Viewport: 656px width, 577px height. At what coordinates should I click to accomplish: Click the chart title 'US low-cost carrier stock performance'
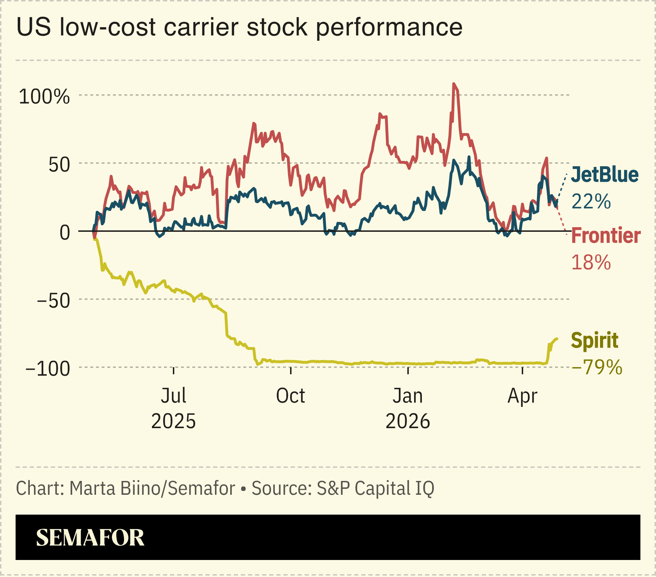pyautogui.click(x=239, y=27)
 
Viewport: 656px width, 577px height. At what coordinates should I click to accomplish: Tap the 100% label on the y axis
pyautogui.click(x=44, y=96)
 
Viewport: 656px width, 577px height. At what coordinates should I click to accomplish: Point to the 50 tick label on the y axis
pyautogui.click(x=59, y=164)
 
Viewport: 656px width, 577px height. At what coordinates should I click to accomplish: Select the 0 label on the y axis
pyautogui.click(x=65, y=233)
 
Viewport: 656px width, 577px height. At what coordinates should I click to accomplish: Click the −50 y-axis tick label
pyautogui.click(x=53, y=301)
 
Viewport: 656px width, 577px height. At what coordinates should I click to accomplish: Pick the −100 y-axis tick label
pyautogui.click(x=48, y=369)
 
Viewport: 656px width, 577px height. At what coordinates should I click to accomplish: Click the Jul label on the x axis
pyautogui.click(x=173, y=396)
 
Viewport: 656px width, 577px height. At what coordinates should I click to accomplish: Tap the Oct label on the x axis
pyautogui.click(x=290, y=396)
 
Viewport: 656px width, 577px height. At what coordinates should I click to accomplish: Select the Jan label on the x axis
pyautogui.click(x=408, y=396)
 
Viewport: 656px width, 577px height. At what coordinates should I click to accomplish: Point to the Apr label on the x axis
pyautogui.click(x=522, y=396)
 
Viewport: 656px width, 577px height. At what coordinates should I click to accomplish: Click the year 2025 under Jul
pyautogui.click(x=173, y=421)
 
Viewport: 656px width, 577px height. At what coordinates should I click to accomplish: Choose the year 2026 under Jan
pyautogui.click(x=408, y=421)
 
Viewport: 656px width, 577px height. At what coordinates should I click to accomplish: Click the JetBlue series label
pyautogui.click(x=605, y=175)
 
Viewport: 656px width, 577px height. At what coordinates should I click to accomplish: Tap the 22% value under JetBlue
pyautogui.click(x=591, y=201)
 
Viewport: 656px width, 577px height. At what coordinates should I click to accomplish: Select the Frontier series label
pyautogui.click(x=606, y=236)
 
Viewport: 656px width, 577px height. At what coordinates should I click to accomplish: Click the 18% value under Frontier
pyautogui.click(x=591, y=262)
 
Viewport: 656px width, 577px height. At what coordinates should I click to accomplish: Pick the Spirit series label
pyautogui.click(x=594, y=340)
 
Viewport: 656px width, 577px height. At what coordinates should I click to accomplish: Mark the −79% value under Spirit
pyautogui.click(x=597, y=367)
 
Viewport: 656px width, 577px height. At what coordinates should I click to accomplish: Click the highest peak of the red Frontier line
pyautogui.click(x=453, y=84)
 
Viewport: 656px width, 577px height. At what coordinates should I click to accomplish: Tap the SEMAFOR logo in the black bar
pyautogui.click(x=90, y=538)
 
